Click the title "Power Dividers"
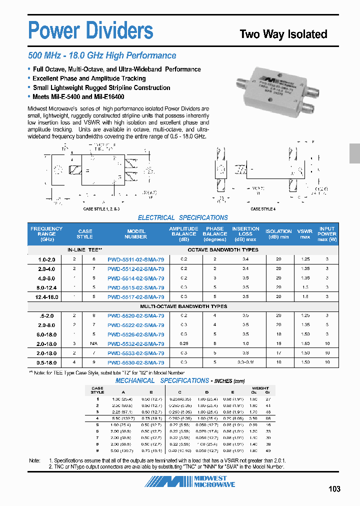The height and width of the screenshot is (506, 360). (90, 30)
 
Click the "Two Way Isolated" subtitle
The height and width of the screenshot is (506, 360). (283, 34)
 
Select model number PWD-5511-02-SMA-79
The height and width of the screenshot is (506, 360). (135, 259)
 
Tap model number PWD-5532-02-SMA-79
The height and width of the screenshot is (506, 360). (135, 343)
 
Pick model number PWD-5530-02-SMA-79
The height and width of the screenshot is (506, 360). (135, 362)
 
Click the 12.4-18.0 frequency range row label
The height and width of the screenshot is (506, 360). (46, 296)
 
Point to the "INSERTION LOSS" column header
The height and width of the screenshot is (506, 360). (245, 233)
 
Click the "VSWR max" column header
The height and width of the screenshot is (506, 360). (304, 233)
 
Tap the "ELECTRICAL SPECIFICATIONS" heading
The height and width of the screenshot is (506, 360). (182, 217)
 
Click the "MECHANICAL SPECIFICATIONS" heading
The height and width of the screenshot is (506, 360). (162, 380)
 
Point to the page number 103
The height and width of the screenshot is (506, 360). (334, 488)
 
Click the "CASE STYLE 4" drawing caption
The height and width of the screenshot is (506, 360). (262, 209)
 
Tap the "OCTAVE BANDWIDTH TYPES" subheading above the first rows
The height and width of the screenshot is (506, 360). (223, 249)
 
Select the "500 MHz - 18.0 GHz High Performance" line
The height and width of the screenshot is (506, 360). (102, 55)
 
